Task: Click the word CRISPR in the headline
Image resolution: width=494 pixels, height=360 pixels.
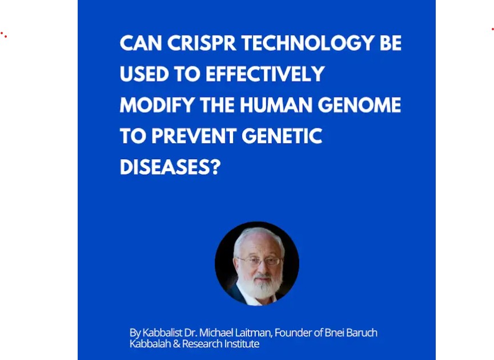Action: click(x=202, y=43)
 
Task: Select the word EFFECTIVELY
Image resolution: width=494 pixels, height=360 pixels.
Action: click(x=265, y=74)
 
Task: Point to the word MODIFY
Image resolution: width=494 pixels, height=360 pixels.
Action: click(x=157, y=104)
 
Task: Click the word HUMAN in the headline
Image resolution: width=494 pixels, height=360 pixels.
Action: click(x=276, y=104)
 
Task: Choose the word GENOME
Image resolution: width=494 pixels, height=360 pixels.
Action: click(x=359, y=104)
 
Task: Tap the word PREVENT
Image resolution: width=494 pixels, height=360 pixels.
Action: click(x=194, y=136)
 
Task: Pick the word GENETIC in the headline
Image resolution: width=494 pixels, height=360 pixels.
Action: click(x=282, y=136)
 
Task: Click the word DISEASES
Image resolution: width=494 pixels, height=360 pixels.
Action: click(x=164, y=167)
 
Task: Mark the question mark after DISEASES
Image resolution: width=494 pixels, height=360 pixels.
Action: click(x=215, y=167)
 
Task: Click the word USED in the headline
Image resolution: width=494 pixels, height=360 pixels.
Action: click(x=144, y=74)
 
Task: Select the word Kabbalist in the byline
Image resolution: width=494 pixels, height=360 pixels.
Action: click(x=162, y=333)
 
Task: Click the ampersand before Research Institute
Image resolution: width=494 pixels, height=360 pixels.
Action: click(x=176, y=343)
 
